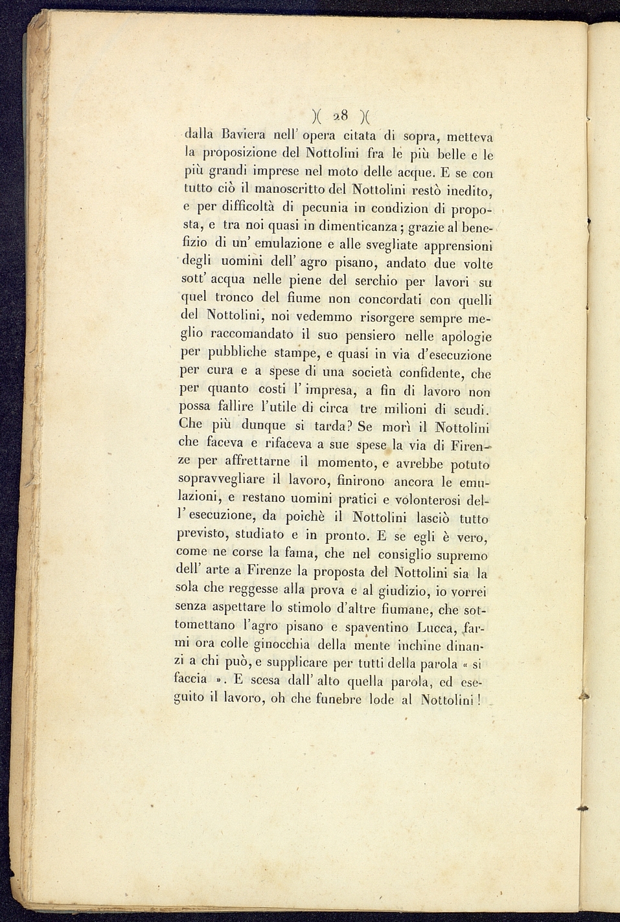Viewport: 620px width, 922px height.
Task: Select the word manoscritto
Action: coord(288,190)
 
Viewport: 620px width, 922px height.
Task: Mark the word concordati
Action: coord(390,299)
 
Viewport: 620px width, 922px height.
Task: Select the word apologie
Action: coord(457,337)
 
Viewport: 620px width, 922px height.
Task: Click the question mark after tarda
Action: coord(349,427)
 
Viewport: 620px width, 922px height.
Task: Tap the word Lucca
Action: coord(439,627)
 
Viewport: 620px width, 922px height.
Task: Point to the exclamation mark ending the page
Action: coord(479,699)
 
